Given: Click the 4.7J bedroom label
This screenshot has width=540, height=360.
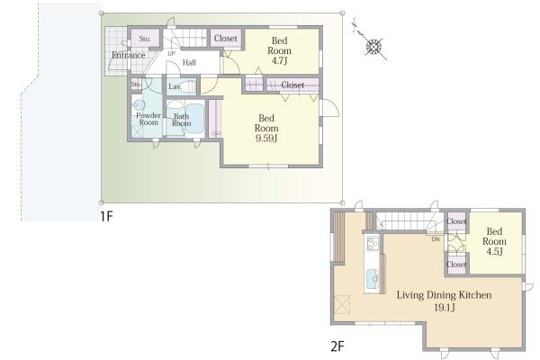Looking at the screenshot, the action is [279, 50].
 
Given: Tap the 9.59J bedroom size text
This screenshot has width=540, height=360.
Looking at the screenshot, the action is [265, 138].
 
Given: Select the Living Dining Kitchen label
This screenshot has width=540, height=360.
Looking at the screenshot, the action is [444, 295].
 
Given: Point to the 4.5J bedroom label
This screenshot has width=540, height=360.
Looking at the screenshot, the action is [494, 241].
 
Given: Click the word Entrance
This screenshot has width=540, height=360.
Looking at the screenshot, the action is [129, 55].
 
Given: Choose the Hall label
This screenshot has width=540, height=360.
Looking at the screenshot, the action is [189, 62].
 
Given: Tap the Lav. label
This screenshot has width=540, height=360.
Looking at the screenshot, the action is [175, 86].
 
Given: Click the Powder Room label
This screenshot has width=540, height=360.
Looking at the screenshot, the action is [148, 119].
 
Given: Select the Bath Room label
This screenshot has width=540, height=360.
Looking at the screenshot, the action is [181, 120].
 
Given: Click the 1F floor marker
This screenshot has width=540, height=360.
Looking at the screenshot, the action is [106, 216].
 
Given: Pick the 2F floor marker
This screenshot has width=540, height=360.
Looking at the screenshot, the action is [337, 346].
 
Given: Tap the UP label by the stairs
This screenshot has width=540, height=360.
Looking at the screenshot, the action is [171, 53].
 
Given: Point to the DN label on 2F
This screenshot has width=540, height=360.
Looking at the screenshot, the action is [436, 239].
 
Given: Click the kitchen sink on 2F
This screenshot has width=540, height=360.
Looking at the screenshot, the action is [373, 279].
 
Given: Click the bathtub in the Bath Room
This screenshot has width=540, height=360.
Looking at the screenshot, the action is [194, 118].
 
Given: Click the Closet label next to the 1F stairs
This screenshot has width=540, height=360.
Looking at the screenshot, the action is [226, 38].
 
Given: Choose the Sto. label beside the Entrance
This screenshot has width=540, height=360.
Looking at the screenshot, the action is [145, 39].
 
